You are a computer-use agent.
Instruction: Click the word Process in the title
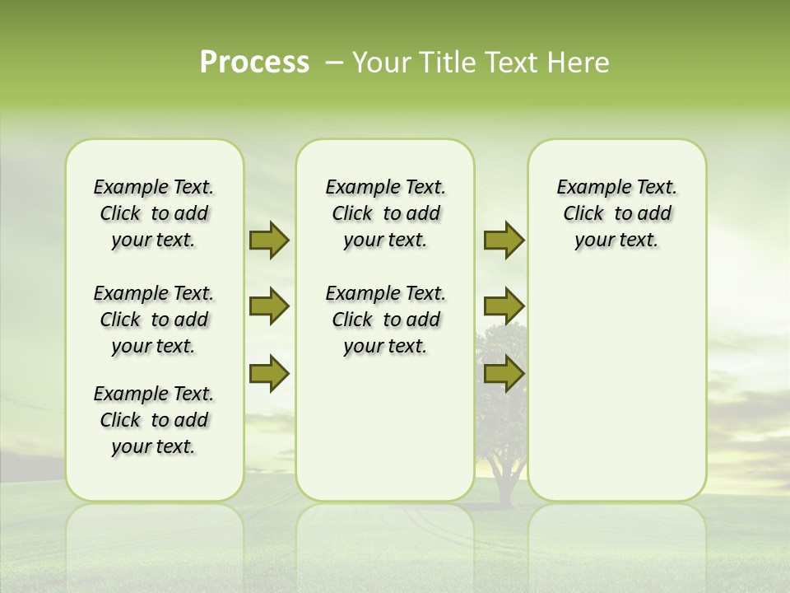[254, 63]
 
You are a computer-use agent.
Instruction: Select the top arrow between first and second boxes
[269, 240]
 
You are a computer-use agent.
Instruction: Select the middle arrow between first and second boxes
[269, 306]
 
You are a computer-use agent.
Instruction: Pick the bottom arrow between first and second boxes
[269, 373]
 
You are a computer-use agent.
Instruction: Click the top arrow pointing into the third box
[504, 240]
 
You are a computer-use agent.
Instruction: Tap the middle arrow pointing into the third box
[504, 306]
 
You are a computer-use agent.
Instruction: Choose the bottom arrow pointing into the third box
[504, 373]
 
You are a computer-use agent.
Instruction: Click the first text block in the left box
[154, 213]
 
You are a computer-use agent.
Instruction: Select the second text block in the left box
[154, 320]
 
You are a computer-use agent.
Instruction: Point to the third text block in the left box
[154, 420]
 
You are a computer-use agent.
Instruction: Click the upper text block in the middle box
[385, 213]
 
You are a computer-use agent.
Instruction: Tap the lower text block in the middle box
[385, 320]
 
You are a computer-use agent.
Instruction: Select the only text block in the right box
[616, 213]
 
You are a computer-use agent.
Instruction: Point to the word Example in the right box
[586, 188]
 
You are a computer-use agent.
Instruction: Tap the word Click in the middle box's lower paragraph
[352, 320]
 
